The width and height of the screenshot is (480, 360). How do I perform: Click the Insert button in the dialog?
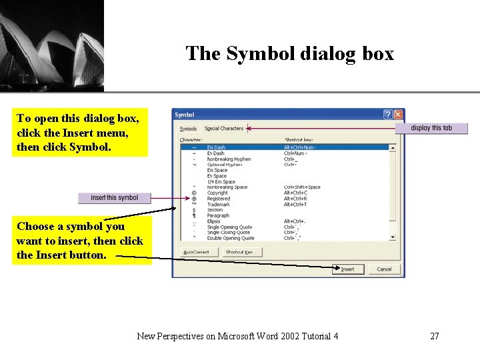point(348,269)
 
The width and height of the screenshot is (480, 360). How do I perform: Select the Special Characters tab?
point(224,129)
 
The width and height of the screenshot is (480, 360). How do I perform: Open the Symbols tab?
point(189,129)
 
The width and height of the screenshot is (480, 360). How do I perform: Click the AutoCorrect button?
point(198,252)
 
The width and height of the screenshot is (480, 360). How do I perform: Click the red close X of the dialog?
point(398,115)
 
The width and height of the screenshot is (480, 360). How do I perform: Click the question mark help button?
point(387,115)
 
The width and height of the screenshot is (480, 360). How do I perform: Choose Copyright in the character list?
point(217,193)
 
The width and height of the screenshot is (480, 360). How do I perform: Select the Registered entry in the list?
point(218,199)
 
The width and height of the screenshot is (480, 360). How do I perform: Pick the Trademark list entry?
point(218,205)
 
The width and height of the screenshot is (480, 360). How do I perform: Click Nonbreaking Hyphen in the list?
point(229,159)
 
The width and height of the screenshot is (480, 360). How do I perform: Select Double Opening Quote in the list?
point(230,238)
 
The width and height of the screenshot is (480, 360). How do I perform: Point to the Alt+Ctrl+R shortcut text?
point(295,199)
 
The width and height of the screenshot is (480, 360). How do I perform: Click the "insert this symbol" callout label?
point(115,198)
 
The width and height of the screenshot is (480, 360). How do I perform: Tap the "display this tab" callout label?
point(431,128)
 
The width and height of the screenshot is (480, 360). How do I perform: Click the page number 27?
point(434,336)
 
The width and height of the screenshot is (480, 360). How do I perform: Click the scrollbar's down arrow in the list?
point(392,237)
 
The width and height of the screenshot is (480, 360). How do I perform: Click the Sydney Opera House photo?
point(51,45)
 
